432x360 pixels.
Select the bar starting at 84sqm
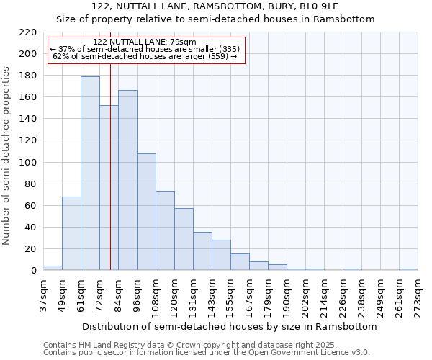tap(127, 180)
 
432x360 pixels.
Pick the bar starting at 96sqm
tap(146, 212)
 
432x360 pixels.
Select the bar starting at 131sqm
tap(202, 251)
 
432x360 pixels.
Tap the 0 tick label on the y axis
tap(33, 271)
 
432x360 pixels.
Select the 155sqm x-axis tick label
tap(230, 297)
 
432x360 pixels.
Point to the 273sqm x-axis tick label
tap(418, 297)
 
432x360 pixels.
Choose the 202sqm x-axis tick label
tap(305, 297)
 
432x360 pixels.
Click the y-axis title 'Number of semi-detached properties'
tap(6, 156)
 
